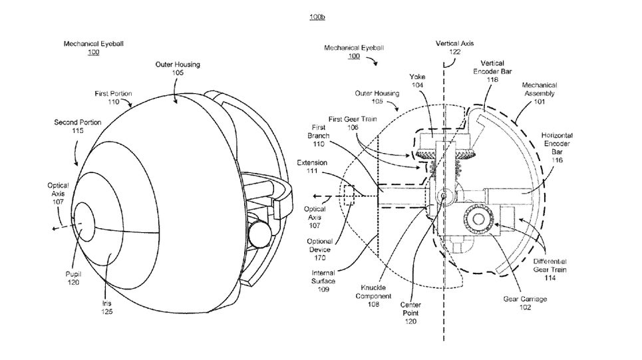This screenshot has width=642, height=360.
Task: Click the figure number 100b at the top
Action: click(x=317, y=17)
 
